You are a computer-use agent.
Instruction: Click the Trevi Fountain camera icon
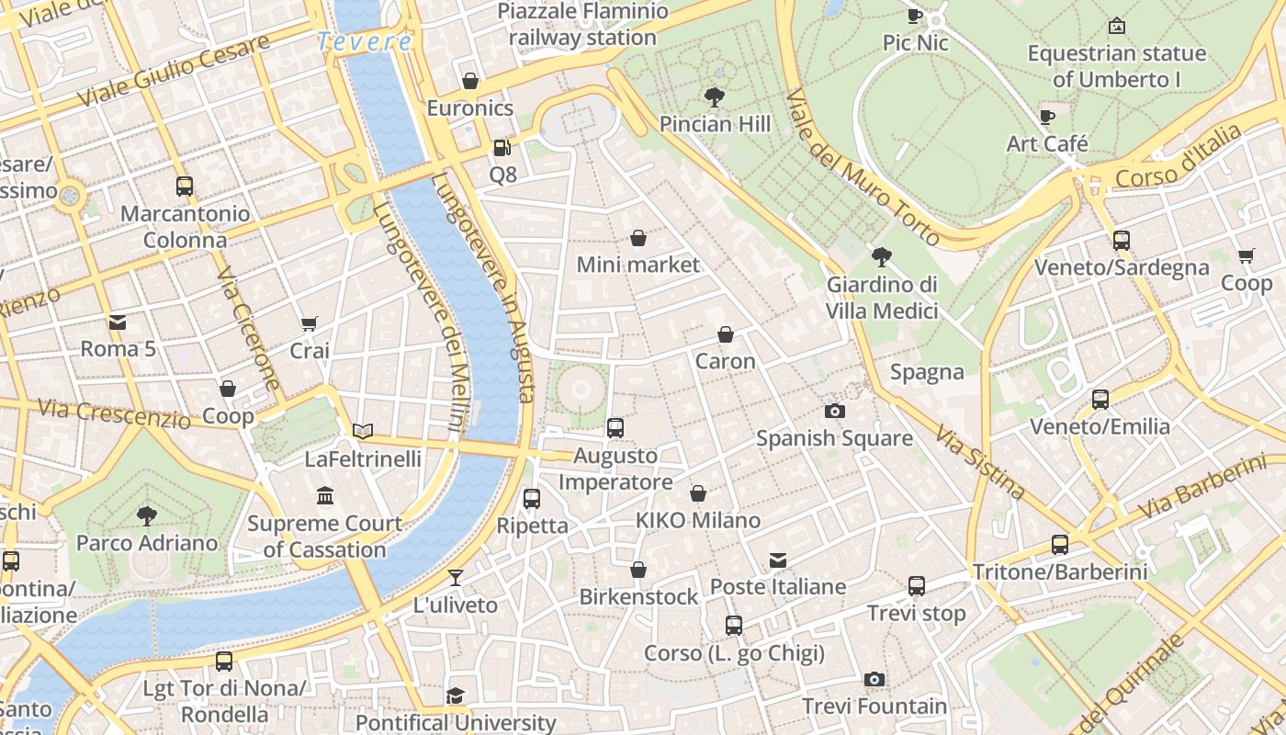pos(874,679)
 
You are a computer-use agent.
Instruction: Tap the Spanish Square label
pos(834,438)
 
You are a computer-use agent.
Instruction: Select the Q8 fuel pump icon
pos(501,147)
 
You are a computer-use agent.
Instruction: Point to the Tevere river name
pos(365,41)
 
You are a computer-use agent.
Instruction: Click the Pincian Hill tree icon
pos(714,96)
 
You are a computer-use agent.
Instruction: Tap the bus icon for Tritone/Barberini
pos(1060,545)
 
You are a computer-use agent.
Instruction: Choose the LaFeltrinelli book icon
pos(363,431)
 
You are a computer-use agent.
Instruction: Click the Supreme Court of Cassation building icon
pos(325,496)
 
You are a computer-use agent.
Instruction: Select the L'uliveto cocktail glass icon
pos(455,578)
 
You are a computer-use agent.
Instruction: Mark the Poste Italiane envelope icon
pos(778,560)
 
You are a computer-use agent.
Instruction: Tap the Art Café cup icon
pos(1046,117)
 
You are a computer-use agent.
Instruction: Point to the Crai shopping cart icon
pos(309,323)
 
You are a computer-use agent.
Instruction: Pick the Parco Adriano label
pos(147,543)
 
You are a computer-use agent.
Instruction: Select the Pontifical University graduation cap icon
pos(455,695)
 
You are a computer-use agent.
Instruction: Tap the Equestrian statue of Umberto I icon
pos(1116,26)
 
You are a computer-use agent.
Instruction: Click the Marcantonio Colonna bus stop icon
pos(185,187)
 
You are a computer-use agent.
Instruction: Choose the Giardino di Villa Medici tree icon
pos(882,256)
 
